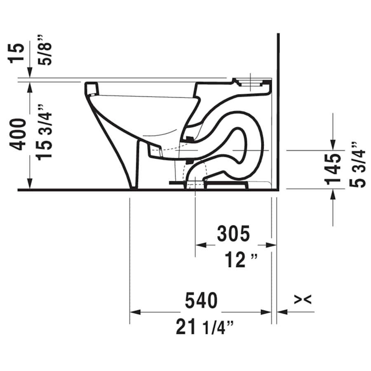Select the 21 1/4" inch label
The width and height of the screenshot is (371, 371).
click(205, 327)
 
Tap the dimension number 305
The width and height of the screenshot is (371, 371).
click(234, 234)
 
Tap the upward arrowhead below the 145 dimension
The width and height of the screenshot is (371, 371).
click(333, 194)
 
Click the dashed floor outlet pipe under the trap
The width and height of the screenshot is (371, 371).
click(195, 181)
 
